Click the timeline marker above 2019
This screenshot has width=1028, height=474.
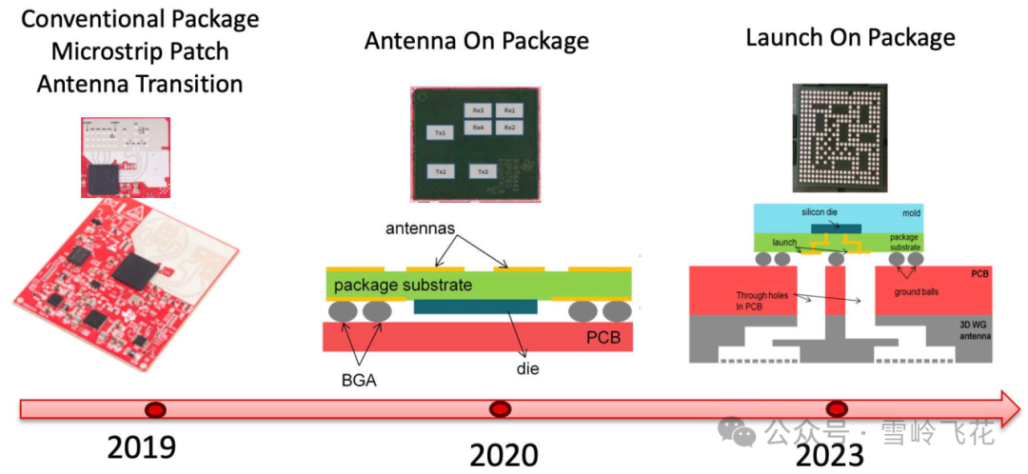point(154,409)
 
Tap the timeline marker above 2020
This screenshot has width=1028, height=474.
point(500,409)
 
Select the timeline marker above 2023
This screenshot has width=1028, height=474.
point(836,409)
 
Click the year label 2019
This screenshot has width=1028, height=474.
point(142,447)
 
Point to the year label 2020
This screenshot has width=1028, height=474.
point(504,455)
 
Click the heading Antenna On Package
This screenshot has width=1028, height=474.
point(476,41)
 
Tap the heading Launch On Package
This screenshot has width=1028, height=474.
point(850,38)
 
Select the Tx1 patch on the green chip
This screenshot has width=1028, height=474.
point(440,133)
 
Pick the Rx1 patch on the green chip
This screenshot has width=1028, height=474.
point(509,110)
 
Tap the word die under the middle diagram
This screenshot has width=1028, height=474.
point(527,368)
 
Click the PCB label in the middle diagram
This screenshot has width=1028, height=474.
point(602,338)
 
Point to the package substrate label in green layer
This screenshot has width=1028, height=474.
point(404,284)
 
